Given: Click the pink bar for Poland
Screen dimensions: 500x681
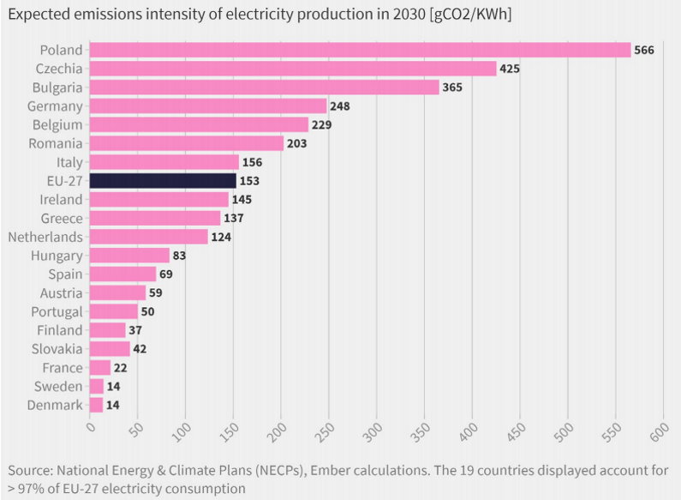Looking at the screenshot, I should pyautogui.click(x=360, y=50).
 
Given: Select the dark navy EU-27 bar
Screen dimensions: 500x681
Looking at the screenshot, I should pyautogui.click(x=163, y=181).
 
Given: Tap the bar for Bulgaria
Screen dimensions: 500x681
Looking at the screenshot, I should pyautogui.click(x=264, y=87).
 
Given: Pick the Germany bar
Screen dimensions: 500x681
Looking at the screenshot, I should pyautogui.click(x=208, y=106).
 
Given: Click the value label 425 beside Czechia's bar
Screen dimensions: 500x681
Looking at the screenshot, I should pyautogui.click(x=510, y=69).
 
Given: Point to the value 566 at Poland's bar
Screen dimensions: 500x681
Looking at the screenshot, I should pyautogui.click(x=644, y=50).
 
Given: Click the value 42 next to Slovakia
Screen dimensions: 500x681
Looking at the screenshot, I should pyautogui.click(x=140, y=349).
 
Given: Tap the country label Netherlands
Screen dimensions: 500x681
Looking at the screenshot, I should pyautogui.click(x=45, y=237).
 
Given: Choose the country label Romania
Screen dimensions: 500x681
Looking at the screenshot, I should pyautogui.click(x=57, y=143).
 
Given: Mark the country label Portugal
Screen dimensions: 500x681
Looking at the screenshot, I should pyautogui.click(x=57, y=311).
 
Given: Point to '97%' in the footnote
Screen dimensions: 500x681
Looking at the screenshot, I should pyautogui.click(x=32, y=488).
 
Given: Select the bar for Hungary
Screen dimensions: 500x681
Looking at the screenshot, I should pyautogui.click(x=129, y=256).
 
